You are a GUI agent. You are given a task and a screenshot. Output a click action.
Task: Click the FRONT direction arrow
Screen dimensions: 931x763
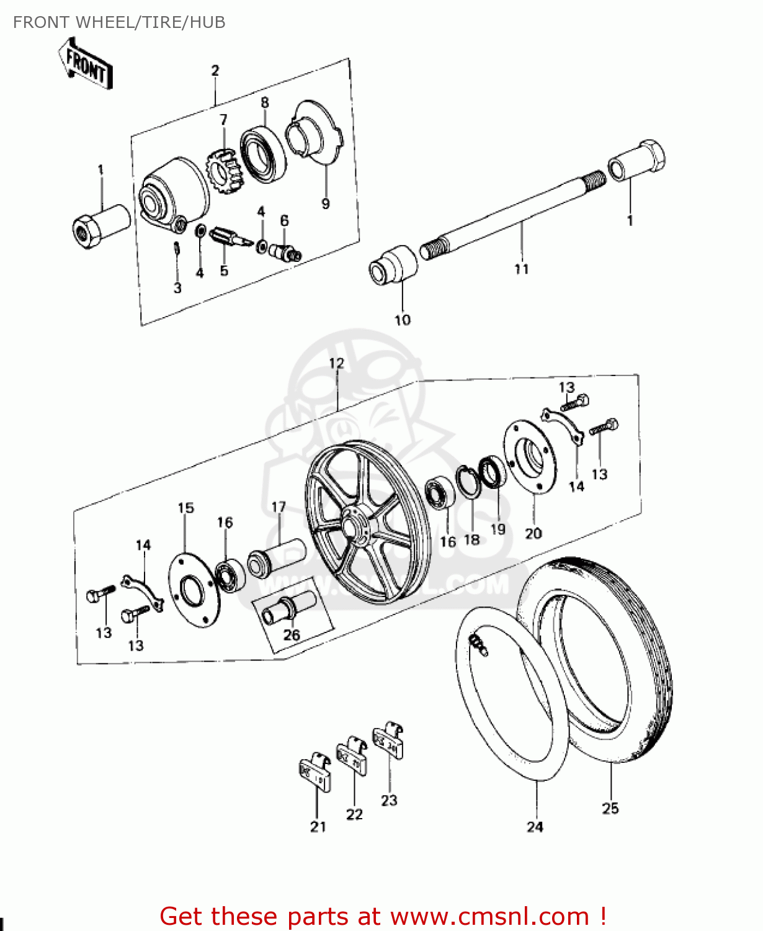[86, 64]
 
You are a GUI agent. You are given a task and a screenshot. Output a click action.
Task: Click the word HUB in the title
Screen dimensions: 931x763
[207, 22]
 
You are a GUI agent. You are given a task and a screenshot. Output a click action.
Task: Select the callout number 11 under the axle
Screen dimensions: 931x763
[521, 269]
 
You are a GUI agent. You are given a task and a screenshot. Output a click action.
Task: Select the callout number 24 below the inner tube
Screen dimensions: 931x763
[535, 827]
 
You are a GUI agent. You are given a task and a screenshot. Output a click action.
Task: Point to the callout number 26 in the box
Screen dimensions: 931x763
[292, 634]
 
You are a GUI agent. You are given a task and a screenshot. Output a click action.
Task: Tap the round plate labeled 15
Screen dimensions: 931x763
[194, 590]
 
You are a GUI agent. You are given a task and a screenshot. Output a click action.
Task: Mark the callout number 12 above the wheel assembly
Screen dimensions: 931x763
[336, 363]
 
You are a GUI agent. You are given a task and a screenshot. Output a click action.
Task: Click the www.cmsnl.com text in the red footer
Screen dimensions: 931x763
[489, 916]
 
